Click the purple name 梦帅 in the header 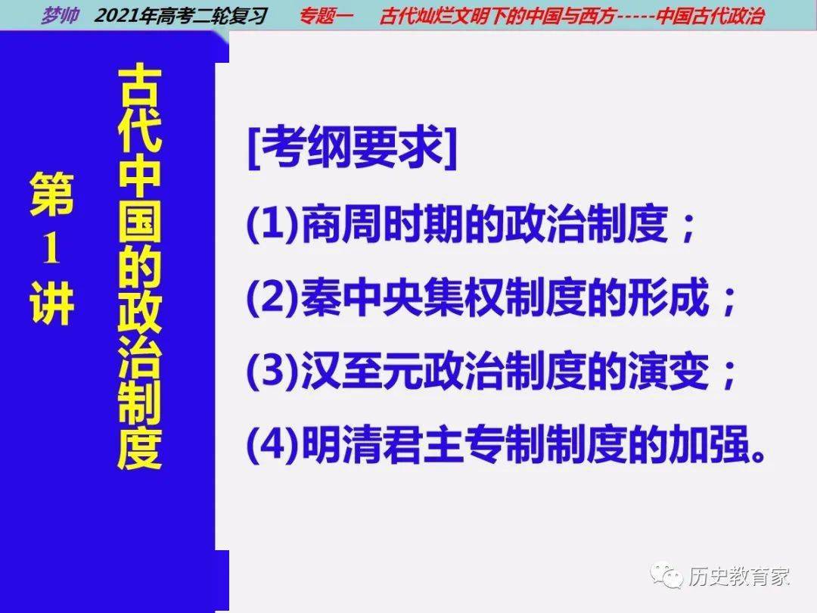61,15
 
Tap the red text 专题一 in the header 326,16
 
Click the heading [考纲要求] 353,148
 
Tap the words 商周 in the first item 341,225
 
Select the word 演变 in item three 669,371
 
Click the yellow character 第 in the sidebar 51,194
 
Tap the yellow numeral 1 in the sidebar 51,248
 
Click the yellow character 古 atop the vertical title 139,86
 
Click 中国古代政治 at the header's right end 710,16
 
